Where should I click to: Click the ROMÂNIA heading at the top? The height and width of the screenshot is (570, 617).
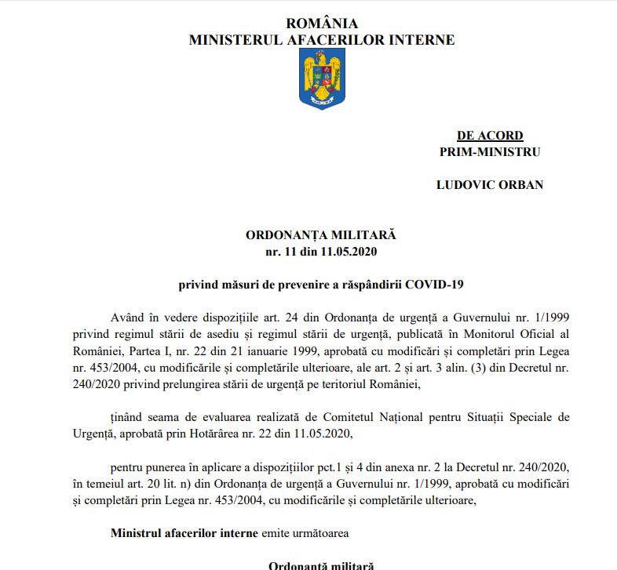[321, 24]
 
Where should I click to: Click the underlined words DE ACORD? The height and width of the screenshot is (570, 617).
[490, 136]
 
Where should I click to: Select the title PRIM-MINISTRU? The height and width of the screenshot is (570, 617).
[490, 152]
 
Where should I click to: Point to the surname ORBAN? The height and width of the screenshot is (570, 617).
[517, 185]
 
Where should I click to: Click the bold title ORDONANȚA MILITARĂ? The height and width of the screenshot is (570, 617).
[321, 235]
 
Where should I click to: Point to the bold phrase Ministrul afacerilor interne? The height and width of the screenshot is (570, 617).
[184, 532]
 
